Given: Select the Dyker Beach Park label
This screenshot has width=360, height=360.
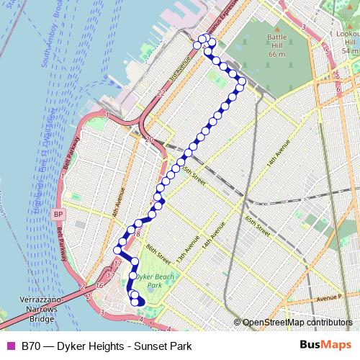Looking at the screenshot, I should [153, 280].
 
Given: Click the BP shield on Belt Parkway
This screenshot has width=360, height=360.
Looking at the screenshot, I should [59, 215].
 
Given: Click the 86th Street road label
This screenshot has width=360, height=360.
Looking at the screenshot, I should [159, 254].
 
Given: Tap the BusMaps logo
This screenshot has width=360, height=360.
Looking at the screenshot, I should [323, 346].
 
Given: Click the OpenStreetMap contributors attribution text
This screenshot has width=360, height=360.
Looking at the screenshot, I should [297, 323].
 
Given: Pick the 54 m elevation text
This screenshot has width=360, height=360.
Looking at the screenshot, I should [350, 51].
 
